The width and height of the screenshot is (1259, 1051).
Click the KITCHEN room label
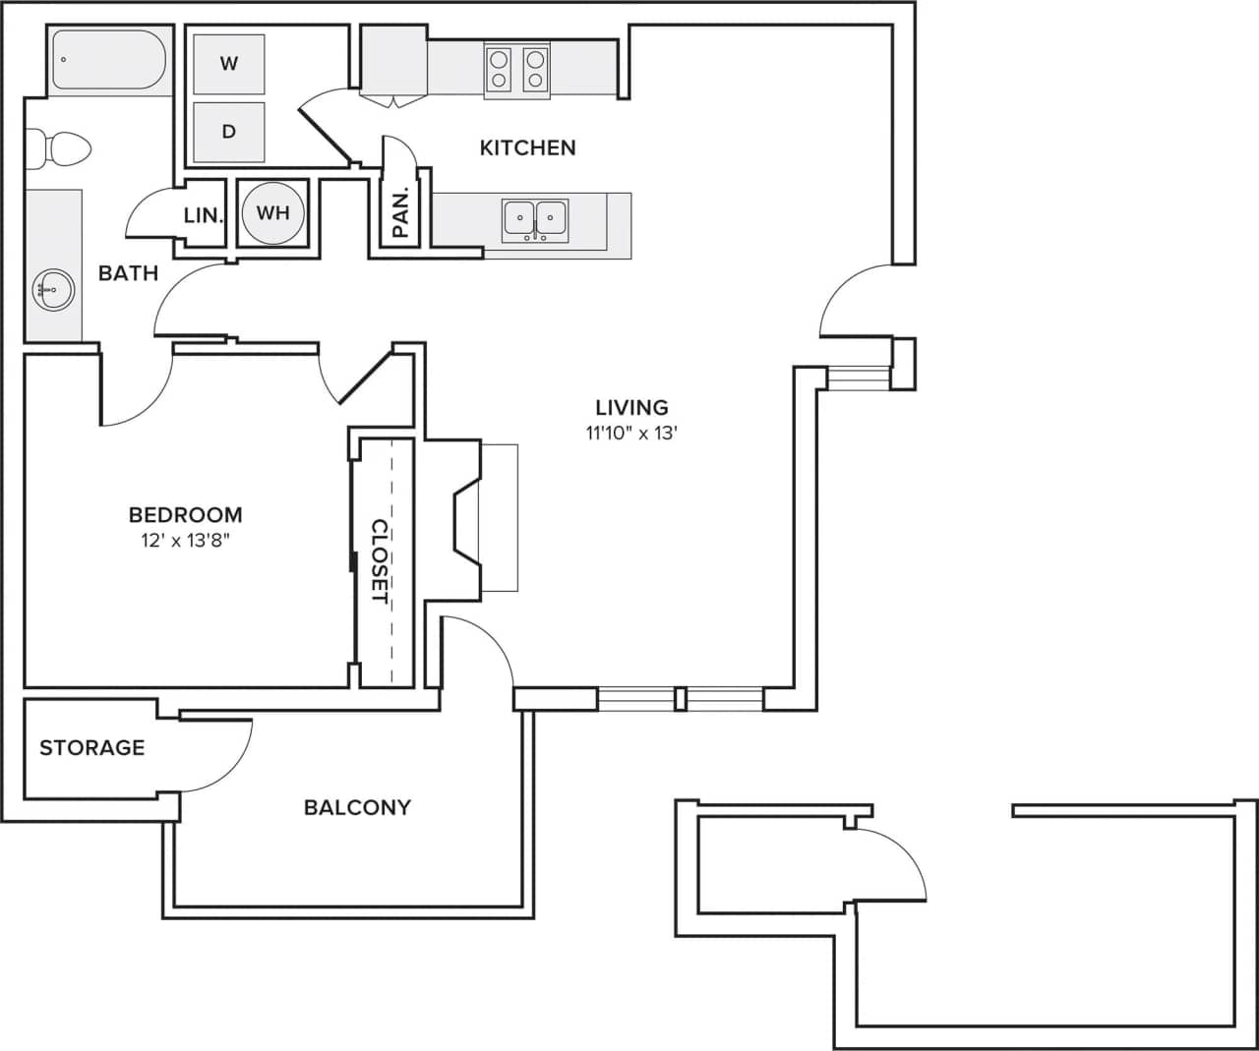point(527,147)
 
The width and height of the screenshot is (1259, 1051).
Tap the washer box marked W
point(229,64)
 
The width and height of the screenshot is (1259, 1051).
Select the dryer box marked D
point(229,132)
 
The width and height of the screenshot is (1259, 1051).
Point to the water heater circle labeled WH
point(272,212)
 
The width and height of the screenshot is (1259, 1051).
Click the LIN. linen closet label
point(204,214)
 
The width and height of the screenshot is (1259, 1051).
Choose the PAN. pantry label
point(400,213)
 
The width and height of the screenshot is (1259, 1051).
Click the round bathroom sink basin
point(53,289)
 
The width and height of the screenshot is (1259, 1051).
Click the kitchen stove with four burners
point(516,70)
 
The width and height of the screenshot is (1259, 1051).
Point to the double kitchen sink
point(535,219)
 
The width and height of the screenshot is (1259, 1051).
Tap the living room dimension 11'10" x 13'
point(631,433)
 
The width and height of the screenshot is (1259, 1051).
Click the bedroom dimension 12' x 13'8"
point(185,540)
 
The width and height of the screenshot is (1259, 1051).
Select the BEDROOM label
point(185,514)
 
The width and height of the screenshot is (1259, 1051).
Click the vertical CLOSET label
point(380,560)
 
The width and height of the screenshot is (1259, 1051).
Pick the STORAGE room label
point(91,747)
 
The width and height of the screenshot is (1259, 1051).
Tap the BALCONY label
point(357,807)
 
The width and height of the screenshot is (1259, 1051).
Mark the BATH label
point(128,273)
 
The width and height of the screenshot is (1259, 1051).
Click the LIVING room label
point(631,407)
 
